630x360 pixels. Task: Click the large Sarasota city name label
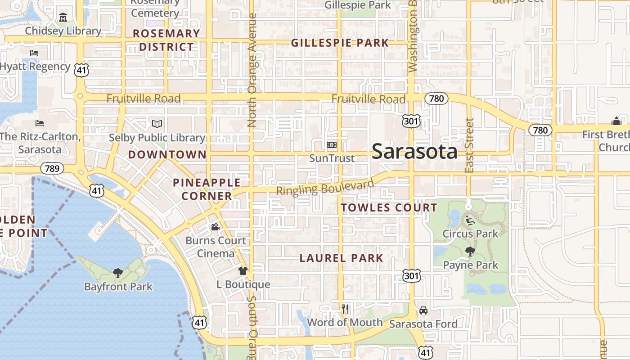[414, 152]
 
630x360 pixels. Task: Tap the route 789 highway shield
[52, 169]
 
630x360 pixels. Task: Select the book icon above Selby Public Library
[157, 124]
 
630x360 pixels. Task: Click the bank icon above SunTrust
[332, 145]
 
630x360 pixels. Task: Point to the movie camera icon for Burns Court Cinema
[216, 227]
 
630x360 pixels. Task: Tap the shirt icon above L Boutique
[243, 271]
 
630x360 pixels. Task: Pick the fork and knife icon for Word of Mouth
[345, 309]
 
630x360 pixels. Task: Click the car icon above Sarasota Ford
[423, 310]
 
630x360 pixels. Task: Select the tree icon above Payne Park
[470, 252]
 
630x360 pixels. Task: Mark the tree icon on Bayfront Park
[118, 273]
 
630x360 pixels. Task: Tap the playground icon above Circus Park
[470, 220]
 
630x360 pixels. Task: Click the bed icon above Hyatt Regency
[34, 53]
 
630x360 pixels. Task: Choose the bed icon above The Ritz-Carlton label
[40, 123]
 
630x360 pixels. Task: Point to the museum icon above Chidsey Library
[63, 18]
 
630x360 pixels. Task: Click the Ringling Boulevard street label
[325, 188]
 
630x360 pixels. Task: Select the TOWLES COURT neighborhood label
[389, 207]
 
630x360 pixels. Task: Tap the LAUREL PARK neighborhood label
[342, 258]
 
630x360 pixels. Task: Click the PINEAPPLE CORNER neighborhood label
[207, 189]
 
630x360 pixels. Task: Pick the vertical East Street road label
[469, 145]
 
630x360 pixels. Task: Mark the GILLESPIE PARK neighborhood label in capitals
[340, 43]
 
